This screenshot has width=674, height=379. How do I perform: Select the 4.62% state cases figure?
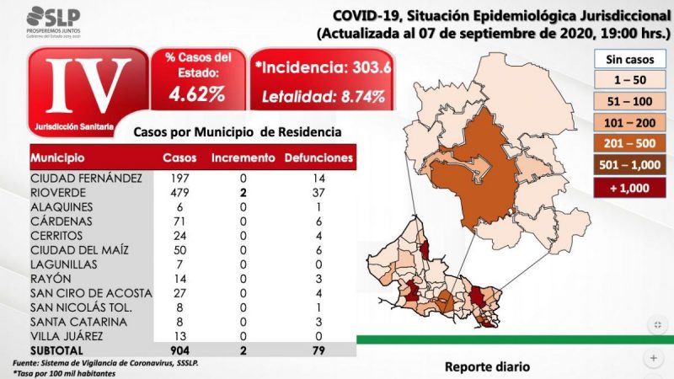point(196,93)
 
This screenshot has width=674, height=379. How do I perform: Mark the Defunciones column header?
point(318,157)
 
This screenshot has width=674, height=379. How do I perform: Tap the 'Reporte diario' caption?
point(488,367)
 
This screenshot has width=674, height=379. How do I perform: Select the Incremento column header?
point(243,157)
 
